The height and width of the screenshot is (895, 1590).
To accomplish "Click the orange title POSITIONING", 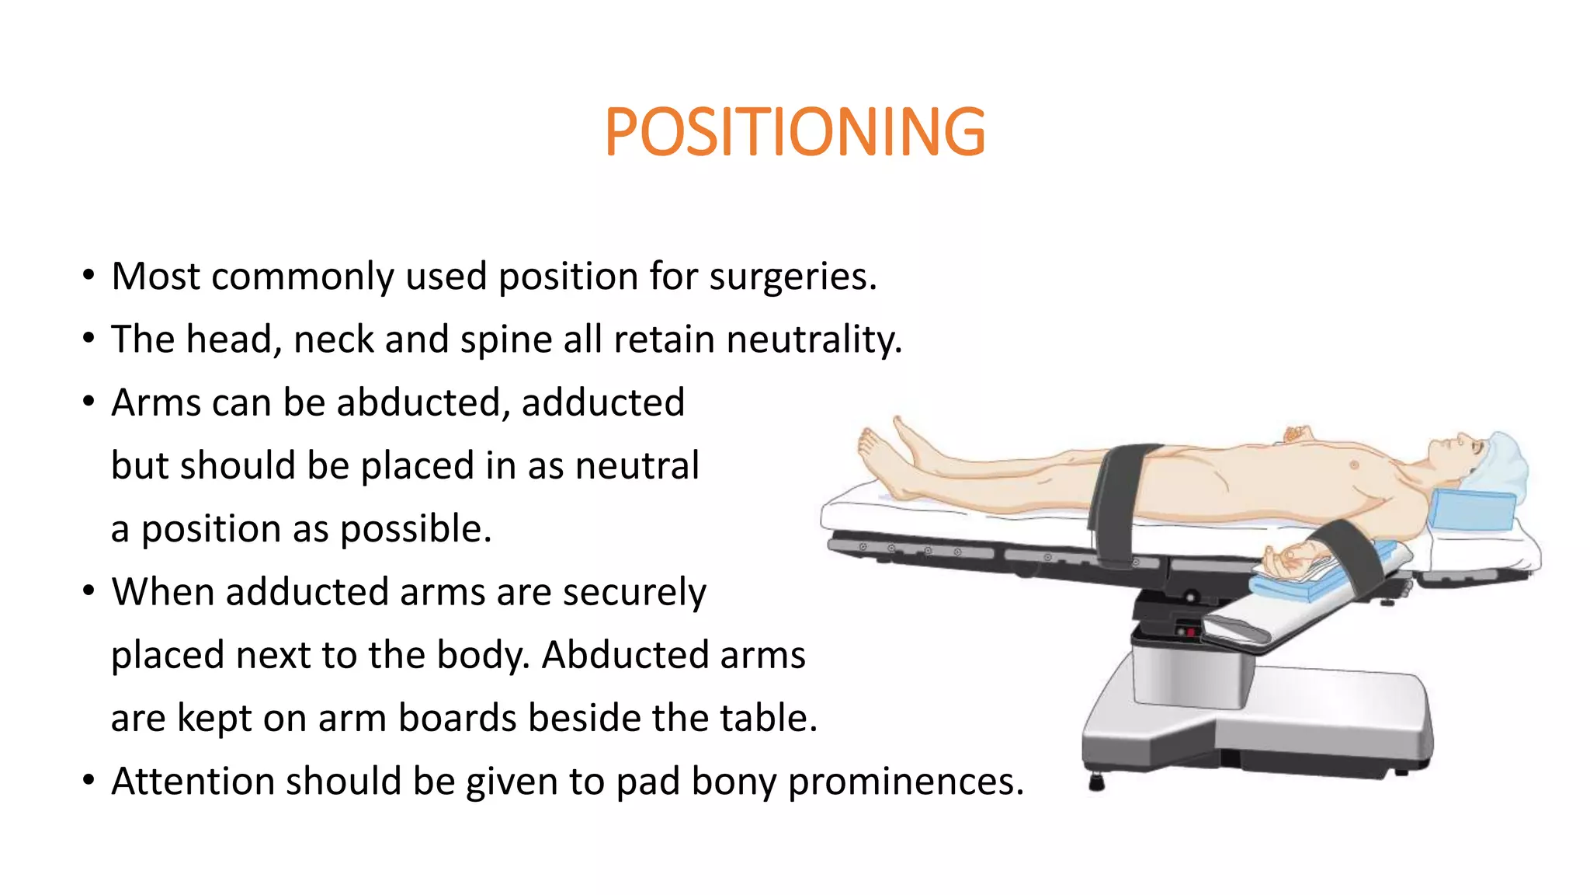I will point(794,132).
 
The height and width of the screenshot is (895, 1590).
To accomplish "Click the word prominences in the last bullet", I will point(905,782).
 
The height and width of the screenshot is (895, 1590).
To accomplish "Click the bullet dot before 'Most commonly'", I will point(89,275).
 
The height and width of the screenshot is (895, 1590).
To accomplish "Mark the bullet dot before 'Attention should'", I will point(89,779).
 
